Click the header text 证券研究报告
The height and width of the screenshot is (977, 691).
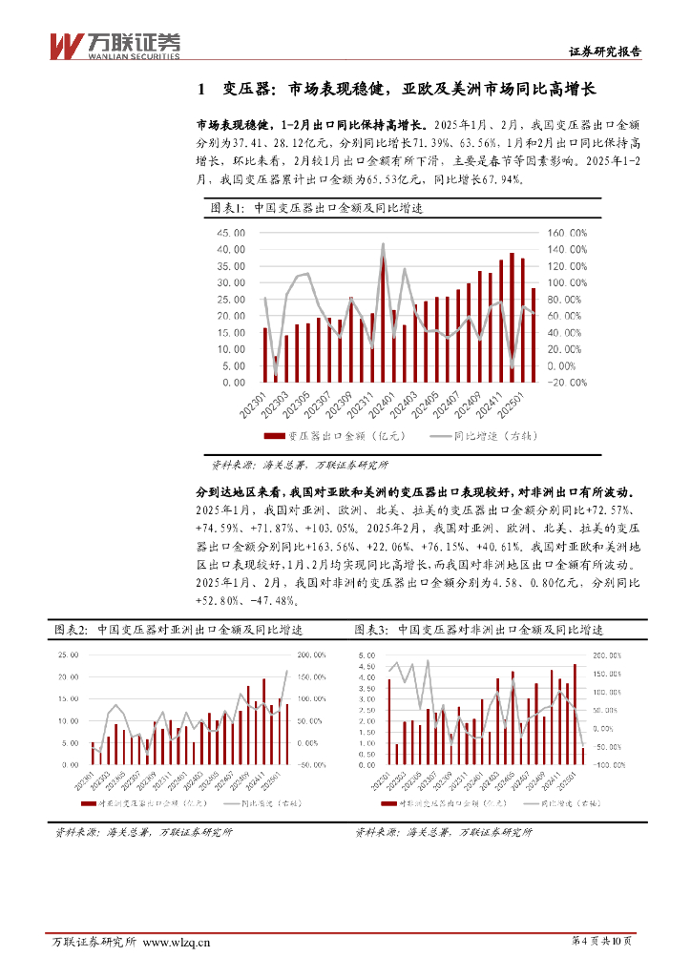[x=606, y=52]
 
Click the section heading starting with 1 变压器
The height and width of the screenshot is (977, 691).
[x=395, y=89]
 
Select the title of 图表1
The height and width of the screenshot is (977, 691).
[x=317, y=208]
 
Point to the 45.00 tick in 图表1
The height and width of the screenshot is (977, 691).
[x=231, y=232]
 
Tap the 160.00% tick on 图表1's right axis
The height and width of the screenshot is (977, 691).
[x=567, y=232]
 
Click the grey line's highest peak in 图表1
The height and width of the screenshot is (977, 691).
[x=383, y=244]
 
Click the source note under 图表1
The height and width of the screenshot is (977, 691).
[x=299, y=465]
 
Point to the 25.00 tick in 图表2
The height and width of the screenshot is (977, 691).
[x=68, y=655]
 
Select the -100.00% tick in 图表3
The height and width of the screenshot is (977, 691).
[x=612, y=765]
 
